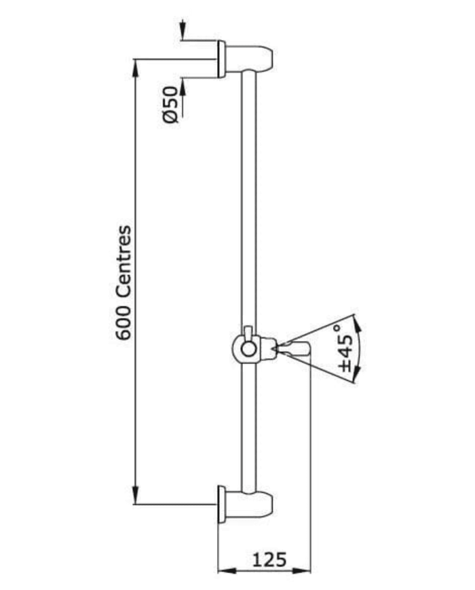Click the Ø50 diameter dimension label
pos(170,105)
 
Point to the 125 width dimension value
pos(269,559)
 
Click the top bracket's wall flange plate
pos(221,59)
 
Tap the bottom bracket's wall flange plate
pos(221,504)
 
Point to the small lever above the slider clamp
pos(248,333)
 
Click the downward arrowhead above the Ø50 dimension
pos(183,29)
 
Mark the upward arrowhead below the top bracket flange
pos(183,88)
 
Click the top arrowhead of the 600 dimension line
pos(136,69)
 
